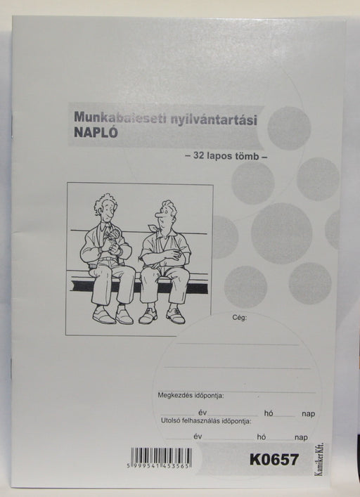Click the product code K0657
(x=274, y=460)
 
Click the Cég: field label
(x=240, y=318)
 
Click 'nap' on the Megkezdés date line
(x=308, y=413)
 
